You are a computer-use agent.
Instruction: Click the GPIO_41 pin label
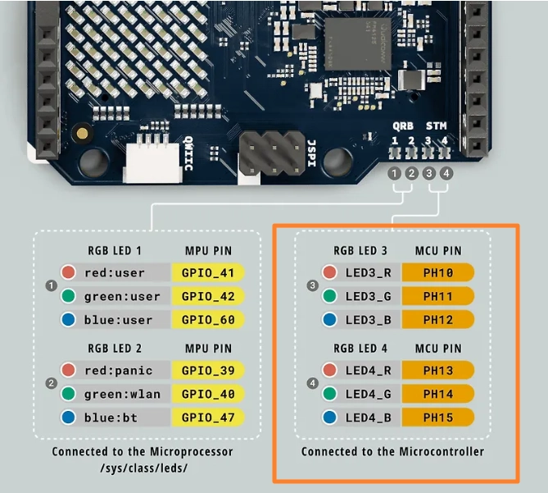click(208, 272)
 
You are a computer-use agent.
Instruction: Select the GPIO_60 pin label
click(208, 319)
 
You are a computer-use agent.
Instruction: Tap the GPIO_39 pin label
click(208, 371)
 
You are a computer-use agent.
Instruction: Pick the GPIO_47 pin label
click(208, 418)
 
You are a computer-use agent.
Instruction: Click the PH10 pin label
click(438, 272)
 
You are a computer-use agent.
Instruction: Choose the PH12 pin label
click(438, 319)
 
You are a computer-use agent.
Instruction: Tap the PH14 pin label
click(438, 395)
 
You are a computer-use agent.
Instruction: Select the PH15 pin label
click(438, 418)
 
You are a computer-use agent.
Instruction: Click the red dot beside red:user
click(69, 272)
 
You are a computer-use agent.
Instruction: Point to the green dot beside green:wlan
click(69, 395)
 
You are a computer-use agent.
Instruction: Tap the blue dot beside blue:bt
click(69, 418)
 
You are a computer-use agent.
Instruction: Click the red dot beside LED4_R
click(330, 371)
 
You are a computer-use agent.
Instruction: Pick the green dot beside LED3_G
click(330, 296)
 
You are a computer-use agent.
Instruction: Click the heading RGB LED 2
click(115, 349)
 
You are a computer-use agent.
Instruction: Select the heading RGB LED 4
click(360, 349)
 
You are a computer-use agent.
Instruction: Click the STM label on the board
click(437, 126)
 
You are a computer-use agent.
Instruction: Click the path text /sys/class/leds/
click(142, 468)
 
